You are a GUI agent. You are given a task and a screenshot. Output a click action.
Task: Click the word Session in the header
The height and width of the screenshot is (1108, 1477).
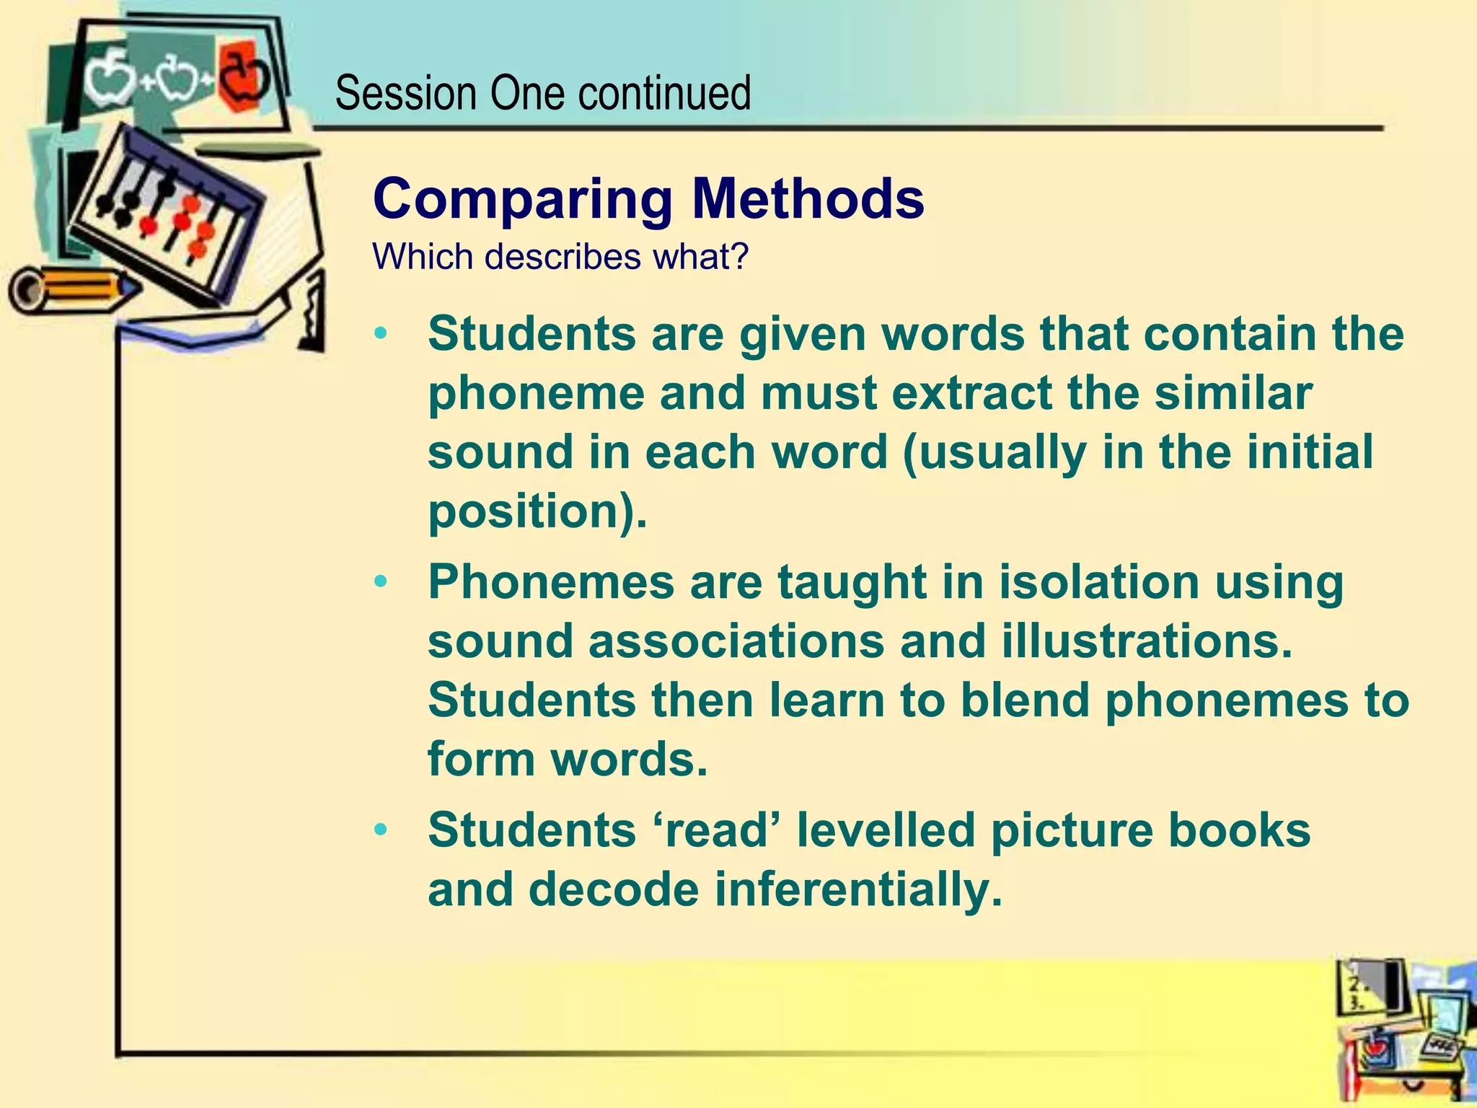click(x=406, y=93)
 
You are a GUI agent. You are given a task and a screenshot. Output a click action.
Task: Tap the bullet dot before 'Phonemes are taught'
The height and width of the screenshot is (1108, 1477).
click(x=381, y=581)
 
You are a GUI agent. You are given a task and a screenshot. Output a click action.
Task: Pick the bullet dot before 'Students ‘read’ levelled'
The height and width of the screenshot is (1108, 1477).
click(x=381, y=830)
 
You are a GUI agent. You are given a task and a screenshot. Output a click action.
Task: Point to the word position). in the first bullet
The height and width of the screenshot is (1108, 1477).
click(x=537, y=512)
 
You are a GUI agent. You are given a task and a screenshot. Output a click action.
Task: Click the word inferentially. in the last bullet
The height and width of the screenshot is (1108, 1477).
click(x=859, y=889)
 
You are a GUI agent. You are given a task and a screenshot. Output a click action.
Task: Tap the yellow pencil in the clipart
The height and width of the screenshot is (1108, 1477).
click(x=72, y=289)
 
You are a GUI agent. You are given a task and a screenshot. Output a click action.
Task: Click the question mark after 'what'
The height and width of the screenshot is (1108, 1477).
click(x=741, y=257)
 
